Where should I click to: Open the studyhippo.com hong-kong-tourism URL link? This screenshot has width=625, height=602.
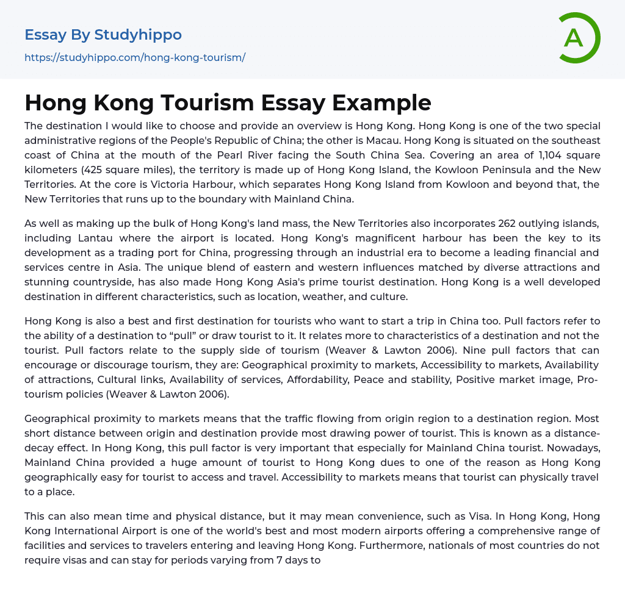click(x=135, y=58)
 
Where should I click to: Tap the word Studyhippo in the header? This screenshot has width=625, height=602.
click(x=138, y=35)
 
